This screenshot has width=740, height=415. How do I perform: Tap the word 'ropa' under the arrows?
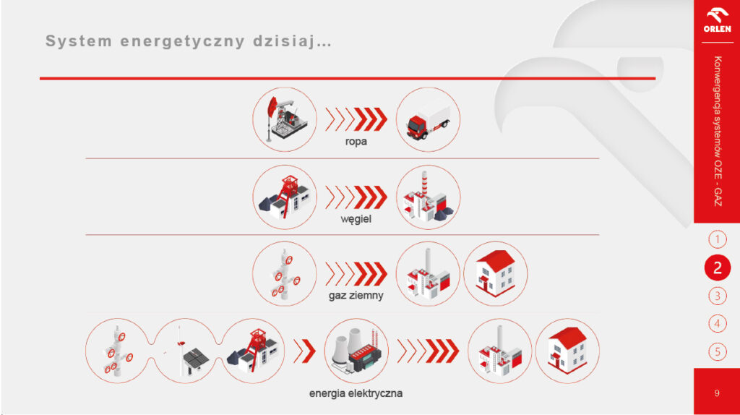(x=356, y=142)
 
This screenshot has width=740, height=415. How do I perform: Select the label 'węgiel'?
(x=356, y=219)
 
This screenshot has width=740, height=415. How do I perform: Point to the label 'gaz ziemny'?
(x=356, y=296)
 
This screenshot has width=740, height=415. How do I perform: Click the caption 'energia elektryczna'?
(x=356, y=393)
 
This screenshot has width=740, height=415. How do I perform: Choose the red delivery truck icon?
(x=428, y=119)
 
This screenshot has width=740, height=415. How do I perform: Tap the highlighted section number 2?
(x=718, y=268)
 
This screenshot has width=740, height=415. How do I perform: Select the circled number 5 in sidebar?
(x=718, y=351)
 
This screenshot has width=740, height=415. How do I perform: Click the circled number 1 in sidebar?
(x=718, y=239)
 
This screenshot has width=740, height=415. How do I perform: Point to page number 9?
(x=717, y=393)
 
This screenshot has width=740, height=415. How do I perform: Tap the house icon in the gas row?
(x=495, y=274)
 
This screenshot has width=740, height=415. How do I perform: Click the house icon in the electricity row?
(x=567, y=351)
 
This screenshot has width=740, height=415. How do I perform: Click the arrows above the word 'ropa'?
(x=356, y=119)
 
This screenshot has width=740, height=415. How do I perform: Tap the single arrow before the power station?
(x=304, y=351)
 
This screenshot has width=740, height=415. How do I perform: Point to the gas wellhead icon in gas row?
(x=285, y=274)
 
